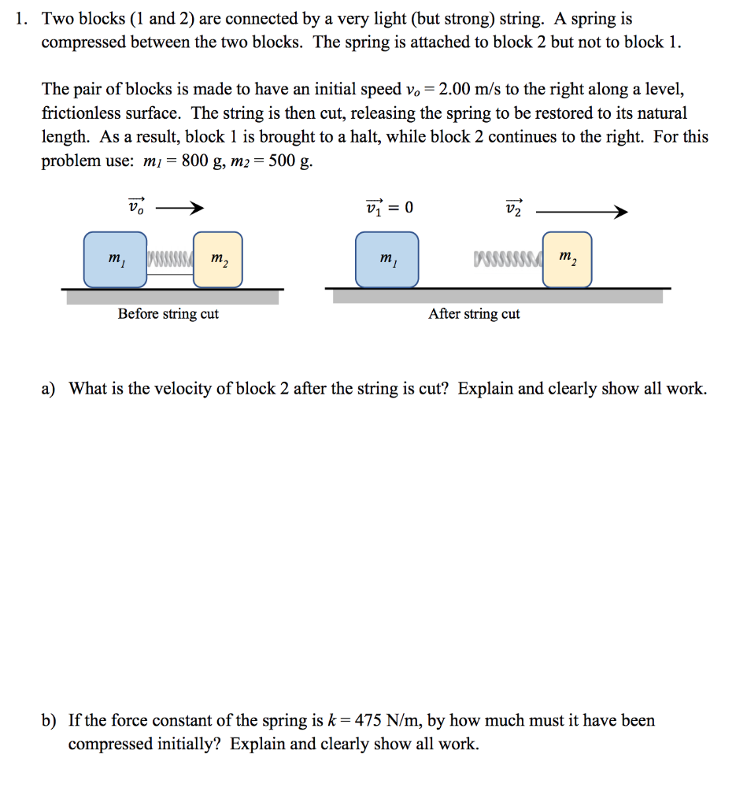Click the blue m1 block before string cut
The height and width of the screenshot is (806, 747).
point(115,259)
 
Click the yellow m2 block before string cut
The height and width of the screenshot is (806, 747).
point(218,259)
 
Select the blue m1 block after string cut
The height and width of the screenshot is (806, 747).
point(386,259)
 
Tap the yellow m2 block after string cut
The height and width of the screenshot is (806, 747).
point(567,259)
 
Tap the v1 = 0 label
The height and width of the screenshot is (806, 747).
point(390,208)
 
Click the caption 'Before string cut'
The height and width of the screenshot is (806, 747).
point(168,314)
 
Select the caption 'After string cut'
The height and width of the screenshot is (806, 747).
point(474,314)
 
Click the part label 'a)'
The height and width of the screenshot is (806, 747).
point(50,389)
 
